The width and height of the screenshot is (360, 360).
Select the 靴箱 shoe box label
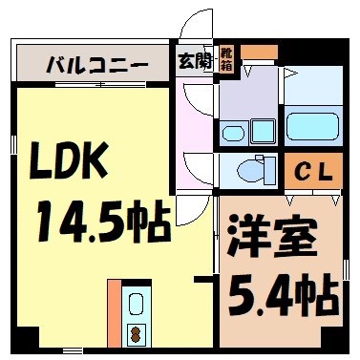(x=226, y=58)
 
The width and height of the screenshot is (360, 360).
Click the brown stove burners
(x=135, y=335)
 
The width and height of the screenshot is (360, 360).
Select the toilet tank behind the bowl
(x=270, y=170)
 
